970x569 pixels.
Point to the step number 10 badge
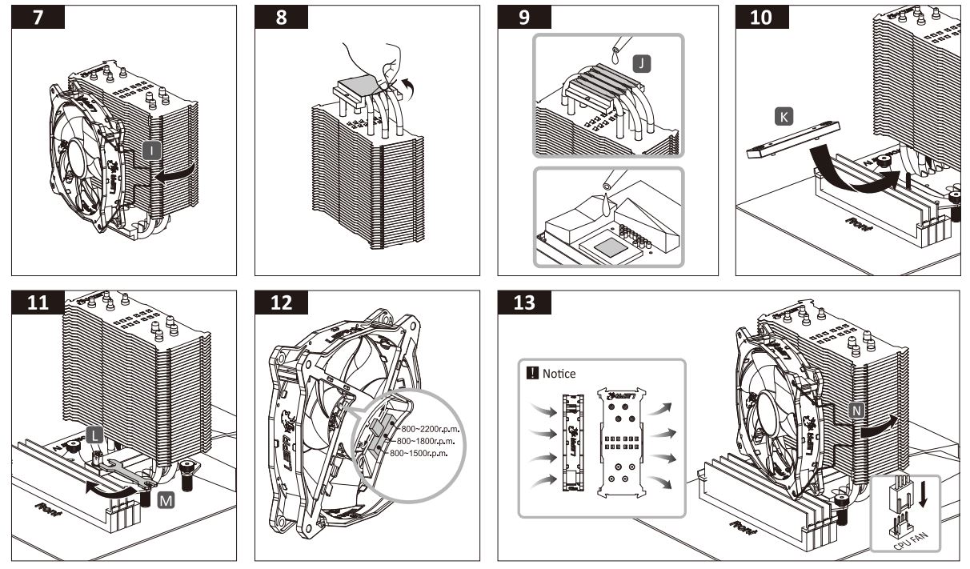762,18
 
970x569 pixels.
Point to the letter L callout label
94,435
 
